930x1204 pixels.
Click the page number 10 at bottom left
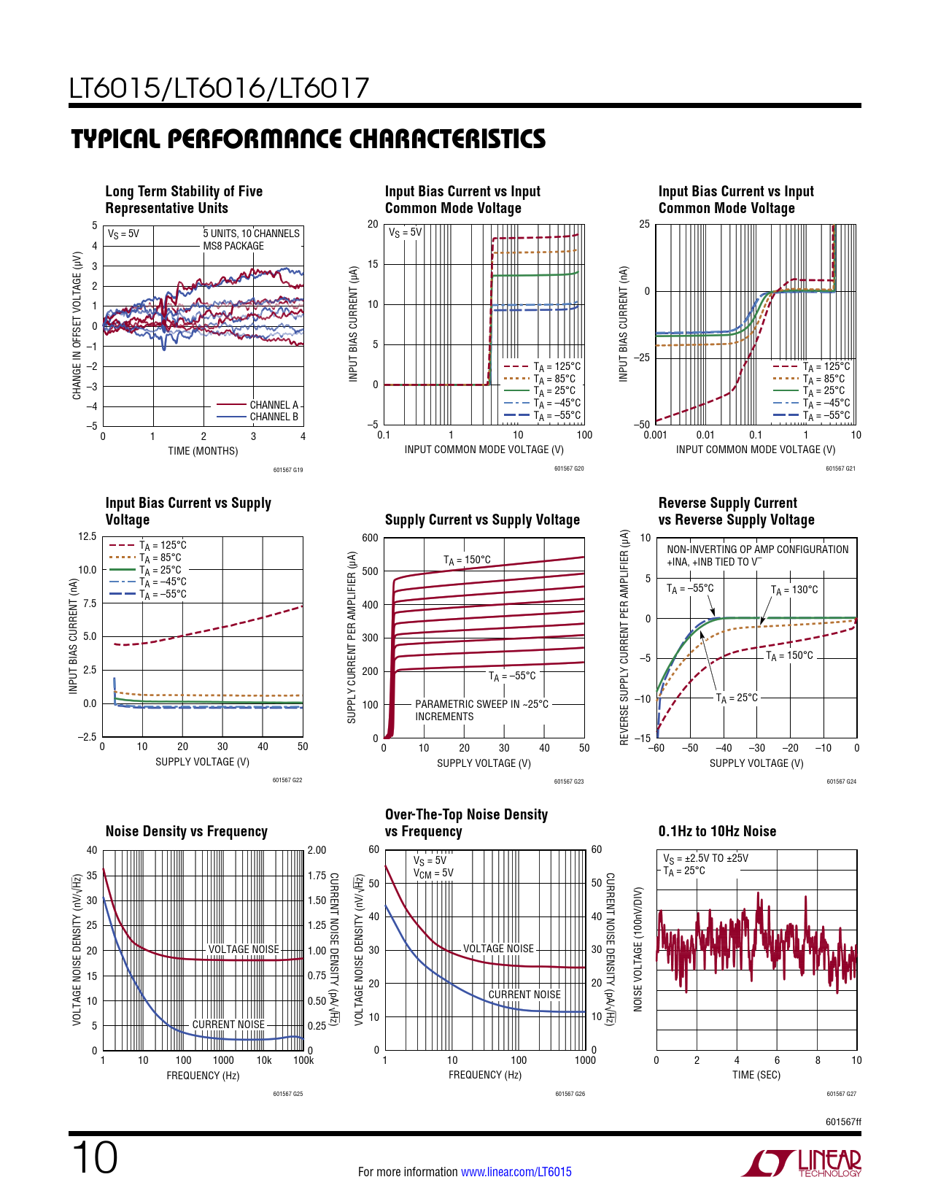pyautogui.click(x=95, y=1158)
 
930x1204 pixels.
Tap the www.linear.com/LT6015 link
pyautogui.click(x=516, y=1172)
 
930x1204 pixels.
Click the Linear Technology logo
pyautogui.click(x=801, y=1163)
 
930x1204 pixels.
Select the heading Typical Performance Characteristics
pyautogui.click(x=308, y=139)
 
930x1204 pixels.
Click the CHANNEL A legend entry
pyautogui.click(x=274, y=405)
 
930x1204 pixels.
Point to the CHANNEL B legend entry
pyautogui.click(x=274, y=417)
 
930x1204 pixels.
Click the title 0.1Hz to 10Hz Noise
pyautogui.click(x=717, y=831)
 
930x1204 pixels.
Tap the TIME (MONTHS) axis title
pyautogui.click(x=203, y=451)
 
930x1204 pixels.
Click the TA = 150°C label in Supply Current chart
pyautogui.click(x=467, y=560)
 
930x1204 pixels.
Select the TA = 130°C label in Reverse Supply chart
pyautogui.click(x=794, y=590)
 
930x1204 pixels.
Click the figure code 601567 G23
pyautogui.click(x=569, y=782)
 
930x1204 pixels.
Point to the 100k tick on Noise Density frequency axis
pyautogui.click(x=303, y=1060)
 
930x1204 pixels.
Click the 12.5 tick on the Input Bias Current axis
pyautogui.click(x=88, y=536)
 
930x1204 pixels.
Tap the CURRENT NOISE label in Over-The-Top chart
pyautogui.click(x=524, y=995)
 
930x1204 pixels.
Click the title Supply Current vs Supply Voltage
pyautogui.click(x=482, y=520)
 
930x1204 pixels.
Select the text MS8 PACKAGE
pyautogui.click(x=233, y=246)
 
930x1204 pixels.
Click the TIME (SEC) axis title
pyautogui.click(x=756, y=1075)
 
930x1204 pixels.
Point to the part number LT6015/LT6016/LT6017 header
pyautogui.click(x=220, y=89)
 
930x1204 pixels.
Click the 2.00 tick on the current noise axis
pyautogui.click(x=317, y=850)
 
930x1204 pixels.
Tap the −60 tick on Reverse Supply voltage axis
pyautogui.click(x=656, y=748)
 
